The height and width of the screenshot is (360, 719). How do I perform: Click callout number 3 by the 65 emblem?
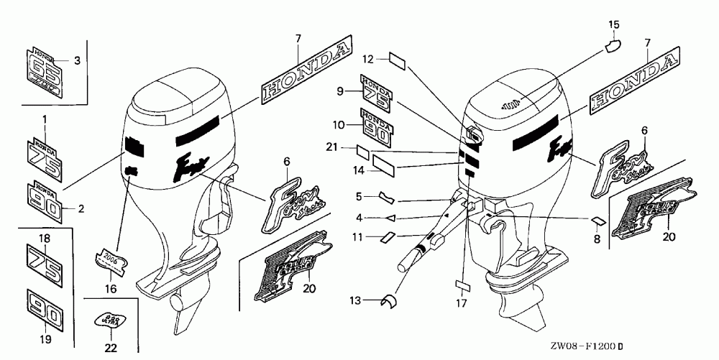[x=78, y=60]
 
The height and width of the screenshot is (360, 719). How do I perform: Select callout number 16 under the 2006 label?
[x=110, y=288]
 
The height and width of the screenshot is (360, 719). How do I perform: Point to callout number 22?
[x=111, y=349]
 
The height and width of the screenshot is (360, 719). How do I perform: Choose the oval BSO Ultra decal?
[x=110, y=318]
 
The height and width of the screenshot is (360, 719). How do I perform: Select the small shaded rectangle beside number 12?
[x=398, y=59]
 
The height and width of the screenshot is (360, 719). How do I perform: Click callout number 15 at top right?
[x=613, y=25]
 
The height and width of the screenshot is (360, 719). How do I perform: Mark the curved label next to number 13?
[x=393, y=301]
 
